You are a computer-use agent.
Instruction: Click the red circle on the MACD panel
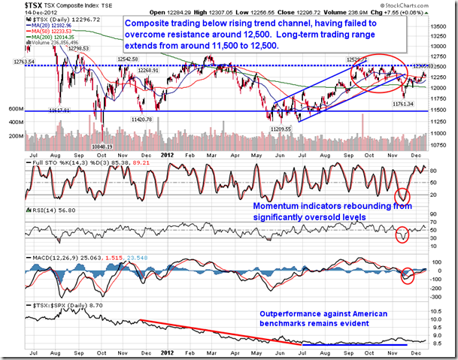(408, 274)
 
